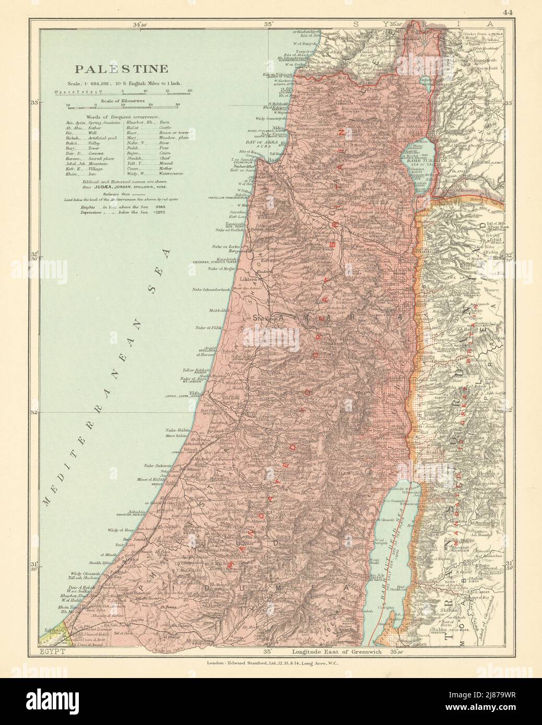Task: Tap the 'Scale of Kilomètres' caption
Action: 123,99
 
